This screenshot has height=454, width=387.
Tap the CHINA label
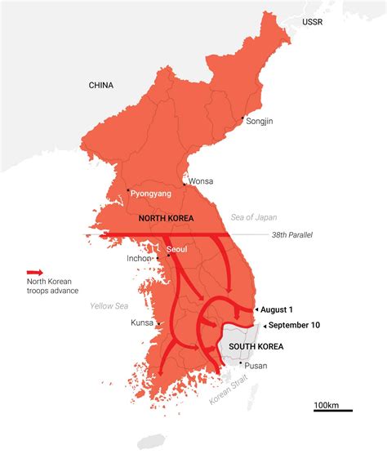[x=101, y=85]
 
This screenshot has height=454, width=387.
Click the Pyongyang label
[x=149, y=195]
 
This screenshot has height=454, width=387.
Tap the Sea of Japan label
[x=255, y=217]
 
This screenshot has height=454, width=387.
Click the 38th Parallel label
[x=292, y=234]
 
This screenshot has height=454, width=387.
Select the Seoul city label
[x=177, y=249]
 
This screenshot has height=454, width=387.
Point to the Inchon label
[x=139, y=259]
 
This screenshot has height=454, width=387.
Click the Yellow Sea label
[x=109, y=306]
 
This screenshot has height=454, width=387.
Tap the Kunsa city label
[x=142, y=323]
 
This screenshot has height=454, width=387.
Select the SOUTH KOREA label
[x=256, y=346]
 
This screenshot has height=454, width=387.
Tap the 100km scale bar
[x=333, y=407]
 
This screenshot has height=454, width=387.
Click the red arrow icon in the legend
[x=35, y=273]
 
